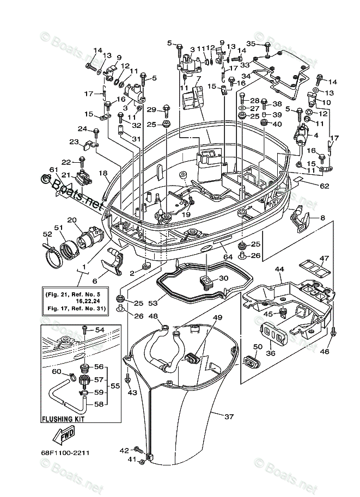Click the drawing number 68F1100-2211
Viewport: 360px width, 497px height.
[x=65, y=452]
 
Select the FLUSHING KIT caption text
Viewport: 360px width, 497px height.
[x=63, y=419]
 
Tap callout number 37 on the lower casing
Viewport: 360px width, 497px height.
[x=229, y=416]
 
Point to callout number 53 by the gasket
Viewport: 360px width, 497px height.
[x=153, y=303]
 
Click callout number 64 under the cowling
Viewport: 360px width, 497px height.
[x=228, y=257]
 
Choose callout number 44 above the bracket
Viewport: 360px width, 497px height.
[x=279, y=270]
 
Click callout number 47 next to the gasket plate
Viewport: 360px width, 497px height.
[x=324, y=258]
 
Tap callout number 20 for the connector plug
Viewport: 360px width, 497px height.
[x=72, y=220]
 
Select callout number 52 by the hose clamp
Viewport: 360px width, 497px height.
[x=47, y=234]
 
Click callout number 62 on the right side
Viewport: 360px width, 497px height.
[x=325, y=186]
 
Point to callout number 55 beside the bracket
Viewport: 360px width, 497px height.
[x=115, y=386]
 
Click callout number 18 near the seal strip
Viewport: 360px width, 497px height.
[x=103, y=173]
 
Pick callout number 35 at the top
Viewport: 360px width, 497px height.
[x=251, y=44]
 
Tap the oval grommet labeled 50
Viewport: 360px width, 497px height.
[x=251, y=360]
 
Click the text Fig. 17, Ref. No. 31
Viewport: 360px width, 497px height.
[x=76, y=308]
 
